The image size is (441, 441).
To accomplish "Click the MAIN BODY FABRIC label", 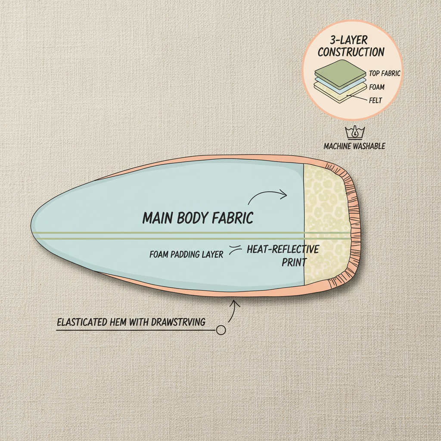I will click(198, 218).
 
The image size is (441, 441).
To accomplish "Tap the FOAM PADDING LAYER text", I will click(186, 255).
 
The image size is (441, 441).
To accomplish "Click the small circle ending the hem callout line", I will click(221, 330).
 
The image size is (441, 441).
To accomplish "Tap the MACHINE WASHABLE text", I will click(354, 146).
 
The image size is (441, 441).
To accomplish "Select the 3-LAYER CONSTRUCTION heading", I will click(351, 47).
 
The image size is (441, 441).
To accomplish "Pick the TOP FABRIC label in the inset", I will click(385, 74).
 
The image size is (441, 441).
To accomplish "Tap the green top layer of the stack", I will click(340, 69).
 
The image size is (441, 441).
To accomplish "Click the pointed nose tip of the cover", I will click(33, 227).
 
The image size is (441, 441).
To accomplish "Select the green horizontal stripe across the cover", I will click(172, 235).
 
